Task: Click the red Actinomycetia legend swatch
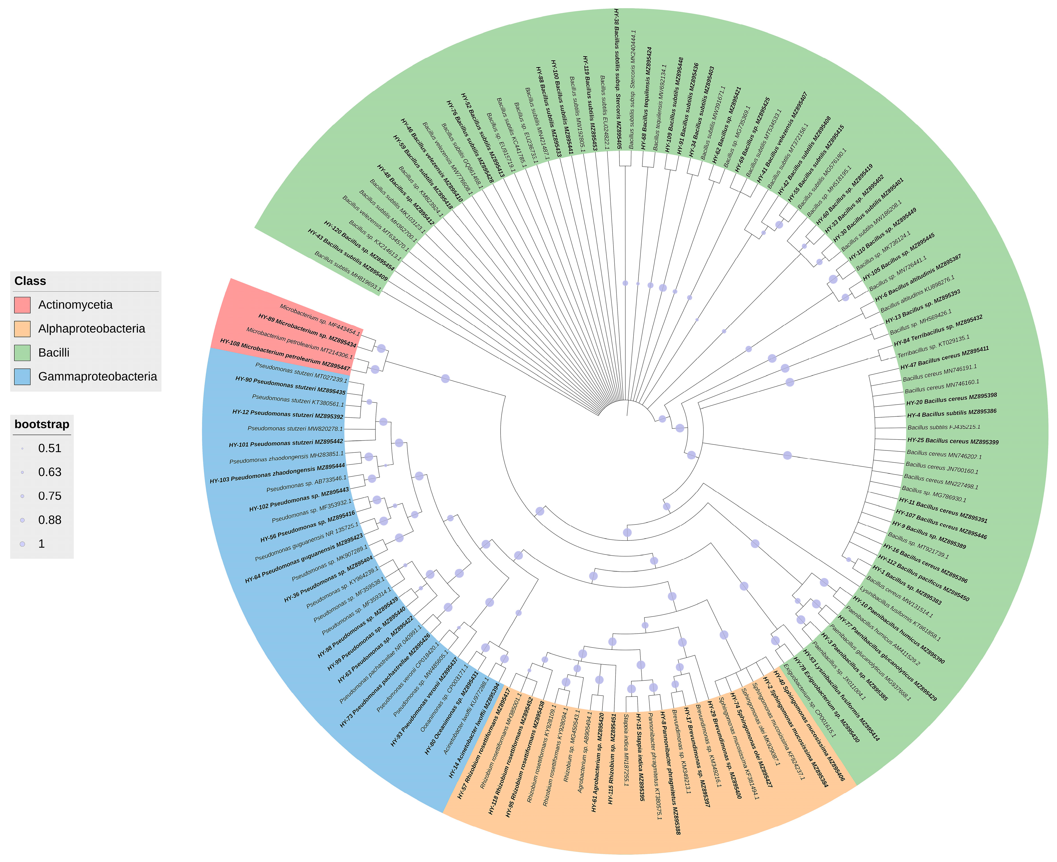[22, 305]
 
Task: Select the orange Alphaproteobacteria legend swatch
[22, 329]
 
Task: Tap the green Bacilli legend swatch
[22, 353]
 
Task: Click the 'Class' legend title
[30, 281]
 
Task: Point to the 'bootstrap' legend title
[42, 425]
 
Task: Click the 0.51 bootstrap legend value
[50, 448]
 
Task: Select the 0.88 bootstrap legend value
[50, 520]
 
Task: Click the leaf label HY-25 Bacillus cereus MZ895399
[953, 441]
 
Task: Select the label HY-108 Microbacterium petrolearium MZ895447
[285, 355]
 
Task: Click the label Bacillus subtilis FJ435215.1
[944, 427]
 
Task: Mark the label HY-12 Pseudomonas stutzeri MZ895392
[288, 414]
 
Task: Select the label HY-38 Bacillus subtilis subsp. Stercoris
[617, 79]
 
